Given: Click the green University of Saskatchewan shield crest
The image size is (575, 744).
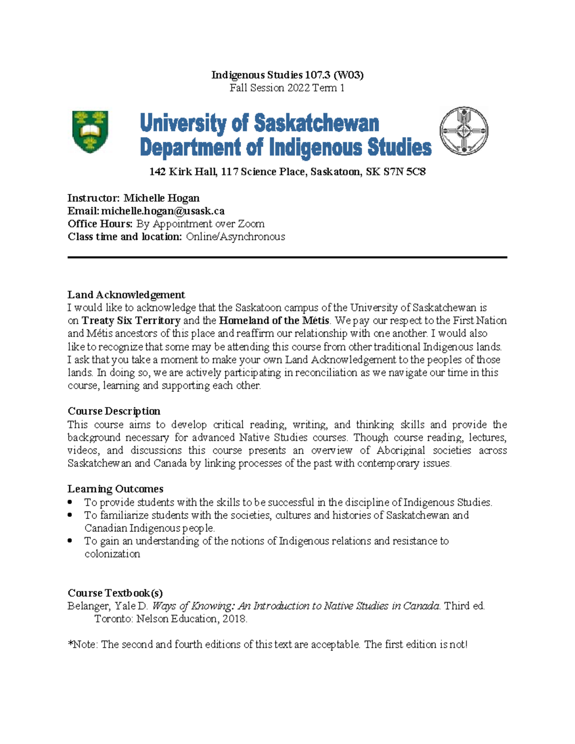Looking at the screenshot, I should (90, 131).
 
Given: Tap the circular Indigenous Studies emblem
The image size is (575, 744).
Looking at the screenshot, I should (463, 131).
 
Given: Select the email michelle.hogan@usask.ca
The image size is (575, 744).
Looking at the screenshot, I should (163, 211).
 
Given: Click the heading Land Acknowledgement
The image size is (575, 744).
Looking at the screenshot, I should (126, 295).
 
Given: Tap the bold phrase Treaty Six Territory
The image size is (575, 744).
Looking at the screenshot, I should (131, 320).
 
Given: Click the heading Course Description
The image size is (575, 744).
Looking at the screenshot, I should (114, 411).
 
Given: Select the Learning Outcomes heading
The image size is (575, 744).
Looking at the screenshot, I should (115, 489).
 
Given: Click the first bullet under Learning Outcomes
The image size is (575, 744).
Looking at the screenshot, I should (70, 502).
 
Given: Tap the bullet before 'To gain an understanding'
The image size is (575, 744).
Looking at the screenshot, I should (70, 540).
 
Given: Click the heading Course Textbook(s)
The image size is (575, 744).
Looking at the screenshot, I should (115, 593).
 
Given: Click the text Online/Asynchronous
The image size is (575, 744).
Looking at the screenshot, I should (235, 237).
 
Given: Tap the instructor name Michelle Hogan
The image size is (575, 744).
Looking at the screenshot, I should (161, 198).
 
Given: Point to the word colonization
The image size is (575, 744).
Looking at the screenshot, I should (112, 554).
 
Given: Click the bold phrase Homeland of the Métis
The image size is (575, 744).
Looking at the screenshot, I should (274, 320).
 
